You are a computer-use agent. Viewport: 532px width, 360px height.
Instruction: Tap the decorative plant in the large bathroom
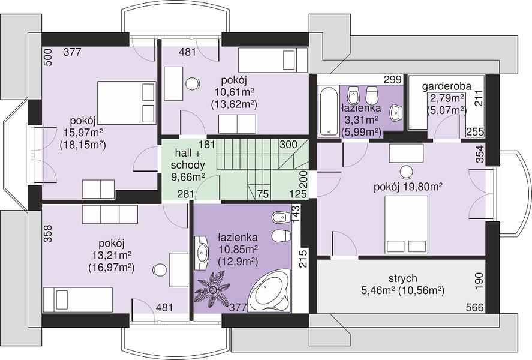point(213,289)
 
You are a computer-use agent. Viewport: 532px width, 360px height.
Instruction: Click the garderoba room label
point(446,86)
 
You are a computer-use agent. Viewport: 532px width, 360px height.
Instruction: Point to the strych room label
point(402,278)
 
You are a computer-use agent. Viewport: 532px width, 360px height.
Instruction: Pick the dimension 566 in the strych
point(474,307)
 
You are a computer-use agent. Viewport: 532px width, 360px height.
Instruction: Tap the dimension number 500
point(48,58)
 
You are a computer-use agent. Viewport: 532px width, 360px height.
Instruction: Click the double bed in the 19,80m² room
point(406,224)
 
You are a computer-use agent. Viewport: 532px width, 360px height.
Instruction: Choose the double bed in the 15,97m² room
point(126,103)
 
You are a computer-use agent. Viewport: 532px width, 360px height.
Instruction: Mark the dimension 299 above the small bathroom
point(393,79)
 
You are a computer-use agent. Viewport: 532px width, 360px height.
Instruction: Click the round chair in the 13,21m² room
point(159,271)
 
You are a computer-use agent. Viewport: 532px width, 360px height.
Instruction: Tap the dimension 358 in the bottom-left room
point(48,234)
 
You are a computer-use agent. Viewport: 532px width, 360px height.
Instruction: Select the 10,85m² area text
point(238,250)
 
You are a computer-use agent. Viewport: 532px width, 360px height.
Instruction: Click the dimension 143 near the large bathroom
point(296,213)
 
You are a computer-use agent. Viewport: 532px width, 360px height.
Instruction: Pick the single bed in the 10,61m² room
point(272,61)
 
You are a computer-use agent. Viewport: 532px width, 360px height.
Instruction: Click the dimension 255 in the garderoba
point(474,131)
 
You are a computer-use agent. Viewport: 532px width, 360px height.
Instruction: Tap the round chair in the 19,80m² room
point(406,172)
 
